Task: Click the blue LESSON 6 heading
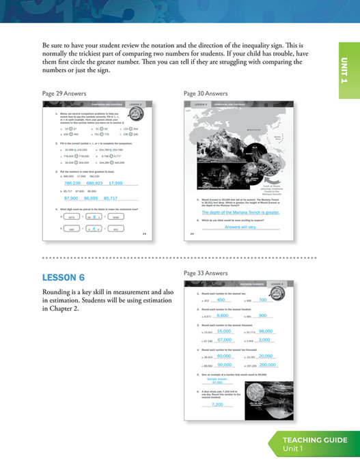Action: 64,277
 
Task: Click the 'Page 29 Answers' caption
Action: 65,93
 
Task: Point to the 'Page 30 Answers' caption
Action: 206,93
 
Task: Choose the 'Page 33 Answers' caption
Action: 206,272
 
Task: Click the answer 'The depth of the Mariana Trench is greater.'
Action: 232,213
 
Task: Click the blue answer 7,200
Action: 218,404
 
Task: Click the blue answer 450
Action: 221,300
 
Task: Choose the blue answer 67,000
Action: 225,340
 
